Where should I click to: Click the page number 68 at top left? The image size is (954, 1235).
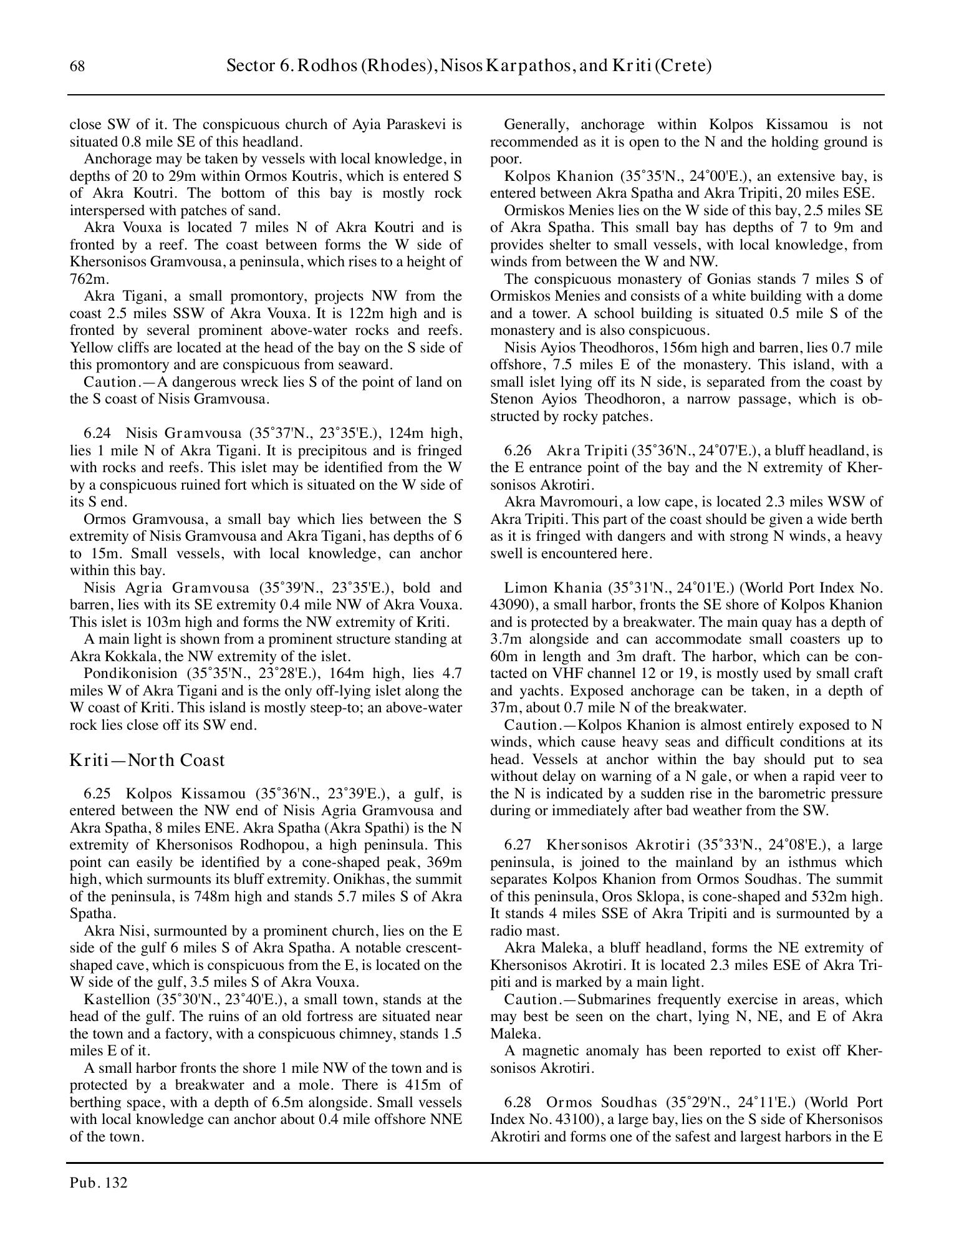pyautogui.click(x=77, y=67)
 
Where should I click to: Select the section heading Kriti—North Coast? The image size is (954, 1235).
pyautogui.click(x=147, y=760)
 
